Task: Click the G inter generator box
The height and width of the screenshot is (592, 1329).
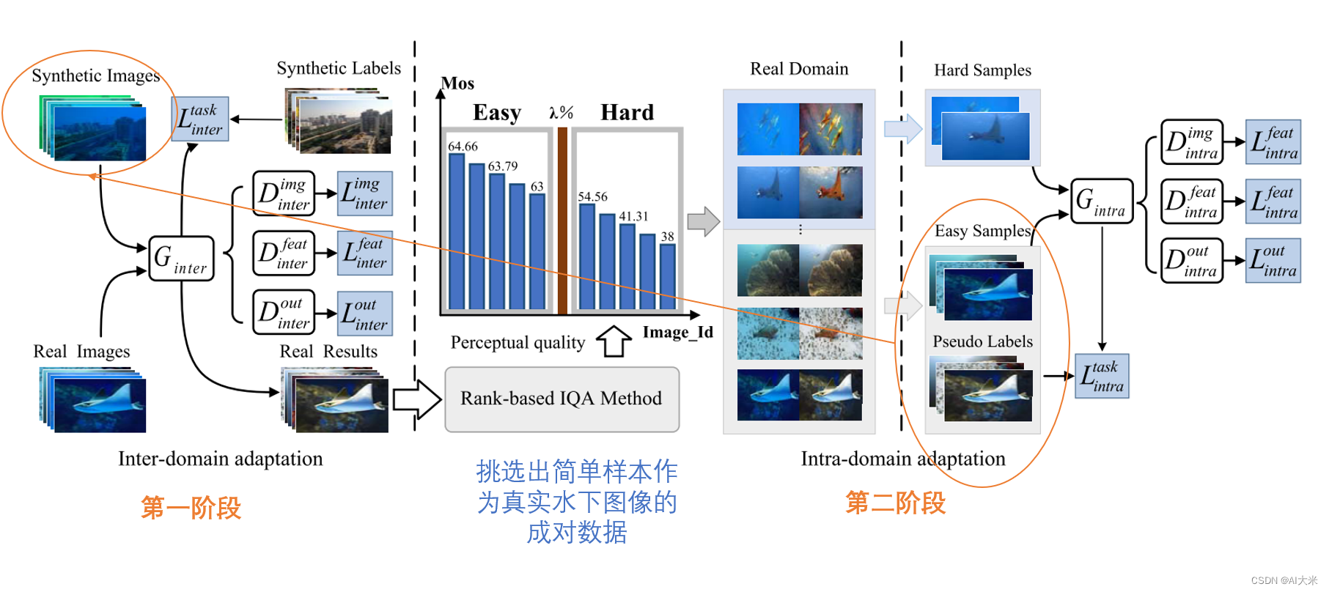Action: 181,259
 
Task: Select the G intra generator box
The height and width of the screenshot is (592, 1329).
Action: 1101,201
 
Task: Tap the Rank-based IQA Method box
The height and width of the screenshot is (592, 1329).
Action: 562,399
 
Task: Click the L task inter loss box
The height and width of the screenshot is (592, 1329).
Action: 200,119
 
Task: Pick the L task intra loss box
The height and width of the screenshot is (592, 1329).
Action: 1102,376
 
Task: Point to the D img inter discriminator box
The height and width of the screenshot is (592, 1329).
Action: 284,193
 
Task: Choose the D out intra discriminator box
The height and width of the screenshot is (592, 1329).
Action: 1191,261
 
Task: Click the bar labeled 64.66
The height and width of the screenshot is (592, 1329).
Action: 457,231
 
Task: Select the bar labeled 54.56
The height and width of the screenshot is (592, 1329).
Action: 587,256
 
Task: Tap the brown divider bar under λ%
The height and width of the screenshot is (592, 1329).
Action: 562,220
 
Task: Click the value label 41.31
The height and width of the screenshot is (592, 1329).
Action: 633,216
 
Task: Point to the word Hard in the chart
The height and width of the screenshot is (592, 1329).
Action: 627,112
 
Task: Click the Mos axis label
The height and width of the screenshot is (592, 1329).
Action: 457,84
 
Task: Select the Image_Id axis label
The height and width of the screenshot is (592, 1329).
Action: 677,332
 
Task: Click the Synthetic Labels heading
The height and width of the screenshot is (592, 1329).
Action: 339,68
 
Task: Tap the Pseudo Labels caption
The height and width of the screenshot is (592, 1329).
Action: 982,341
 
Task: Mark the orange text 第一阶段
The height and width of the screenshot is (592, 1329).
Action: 191,507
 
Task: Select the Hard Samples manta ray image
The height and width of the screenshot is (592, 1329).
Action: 984,135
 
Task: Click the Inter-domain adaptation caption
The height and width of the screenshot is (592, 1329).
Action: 220,459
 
